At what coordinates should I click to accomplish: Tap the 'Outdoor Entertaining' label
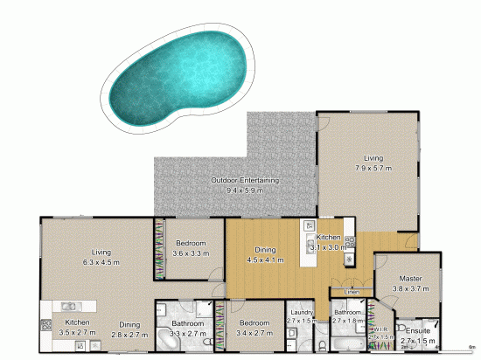(246, 180)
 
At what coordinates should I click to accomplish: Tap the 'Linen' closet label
(352, 292)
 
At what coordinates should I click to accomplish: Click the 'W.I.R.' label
(379, 329)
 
